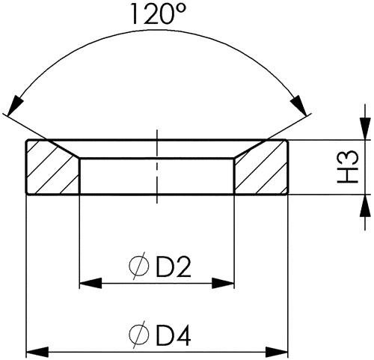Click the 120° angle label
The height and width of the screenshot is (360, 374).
[x=159, y=14]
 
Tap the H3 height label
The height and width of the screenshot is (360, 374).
[x=348, y=167]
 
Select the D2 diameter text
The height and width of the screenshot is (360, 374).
[x=174, y=268]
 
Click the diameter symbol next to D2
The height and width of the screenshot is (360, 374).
[x=139, y=266]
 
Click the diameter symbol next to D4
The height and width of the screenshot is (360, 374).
[x=139, y=335]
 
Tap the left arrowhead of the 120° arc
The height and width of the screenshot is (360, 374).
[x=15, y=106]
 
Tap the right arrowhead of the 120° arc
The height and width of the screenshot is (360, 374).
[x=299, y=106]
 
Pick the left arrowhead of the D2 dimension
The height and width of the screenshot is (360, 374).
[x=91, y=283]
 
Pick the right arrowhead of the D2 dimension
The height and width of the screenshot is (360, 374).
[x=223, y=283]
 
